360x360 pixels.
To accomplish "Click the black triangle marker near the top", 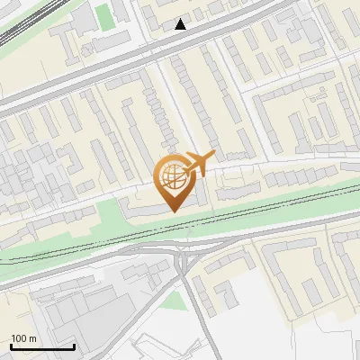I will pos(181,24).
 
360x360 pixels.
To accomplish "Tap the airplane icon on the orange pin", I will pos(198,165).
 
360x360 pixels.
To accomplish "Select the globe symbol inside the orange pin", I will pos(170,176).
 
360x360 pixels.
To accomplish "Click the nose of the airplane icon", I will pos(212,156).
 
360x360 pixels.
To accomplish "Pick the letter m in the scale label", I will pos(33,338).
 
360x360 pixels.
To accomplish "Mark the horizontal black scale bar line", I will pos(42,347).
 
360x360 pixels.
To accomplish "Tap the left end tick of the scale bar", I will pos(11,346).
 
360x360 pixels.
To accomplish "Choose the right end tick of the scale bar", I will pos(74,346).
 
